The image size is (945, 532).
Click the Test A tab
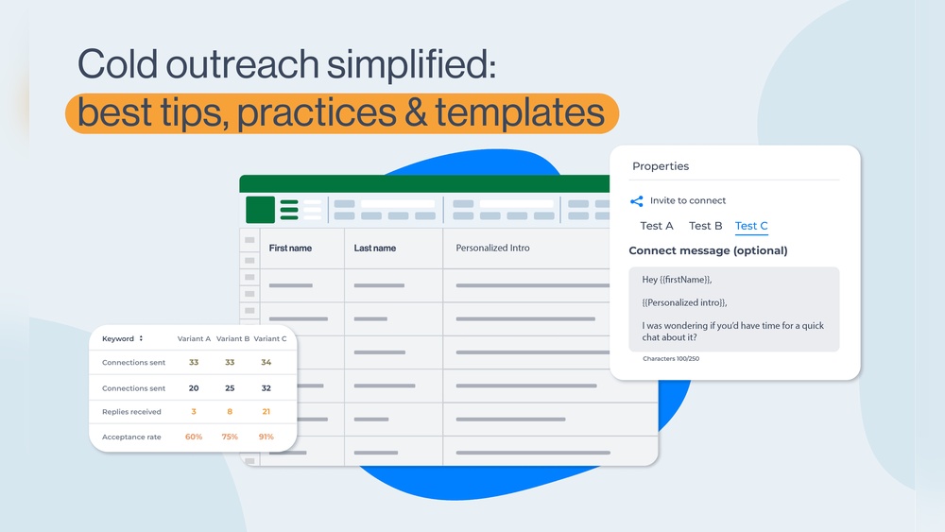pyautogui.click(x=657, y=226)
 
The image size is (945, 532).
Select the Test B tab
pyautogui.click(x=705, y=226)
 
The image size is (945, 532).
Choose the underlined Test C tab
pyautogui.click(x=751, y=226)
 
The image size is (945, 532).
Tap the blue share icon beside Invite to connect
pyautogui.click(x=636, y=201)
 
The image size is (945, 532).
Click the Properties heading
pyautogui.click(x=661, y=166)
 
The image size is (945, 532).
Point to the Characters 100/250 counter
pyautogui.click(x=671, y=358)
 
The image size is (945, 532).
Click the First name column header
pyautogui.click(x=290, y=249)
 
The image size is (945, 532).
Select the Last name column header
pyautogui.click(x=375, y=249)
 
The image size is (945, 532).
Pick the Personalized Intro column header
pyautogui.click(x=492, y=248)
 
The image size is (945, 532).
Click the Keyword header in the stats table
pyautogui.click(x=118, y=338)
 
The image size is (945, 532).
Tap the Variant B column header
pyautogui.click(x=232, y=338)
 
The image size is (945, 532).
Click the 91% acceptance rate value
pyautogui.click(x=266, y=437)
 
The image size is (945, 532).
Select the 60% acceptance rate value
pyautogui.click(x=194, y=437)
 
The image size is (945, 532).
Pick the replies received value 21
pyautogui.click(x=266, y=411)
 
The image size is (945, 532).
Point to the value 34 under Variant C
pyautogui.click(x=266, y=362)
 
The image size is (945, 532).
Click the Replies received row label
pyautogui.click(x=131, y=412)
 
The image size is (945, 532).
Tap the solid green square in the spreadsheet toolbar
pyautogui.click(x=261, y=210)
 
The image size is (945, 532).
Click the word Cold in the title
pyautogui.click(x=117, y=64)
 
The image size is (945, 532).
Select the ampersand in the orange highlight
pyautogui.click(x=416, y=113)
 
